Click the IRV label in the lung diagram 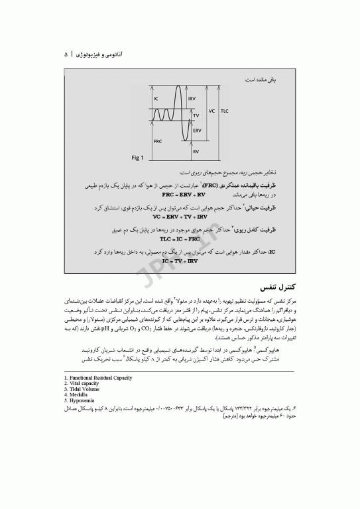(192, 99)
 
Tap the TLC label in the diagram (225, 111)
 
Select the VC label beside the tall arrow (211, 111)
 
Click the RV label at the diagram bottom (196, 152)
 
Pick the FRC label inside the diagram (158, 141)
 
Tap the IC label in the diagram (156, 99)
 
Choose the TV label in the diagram (196, 115)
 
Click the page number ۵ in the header (66, 54)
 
